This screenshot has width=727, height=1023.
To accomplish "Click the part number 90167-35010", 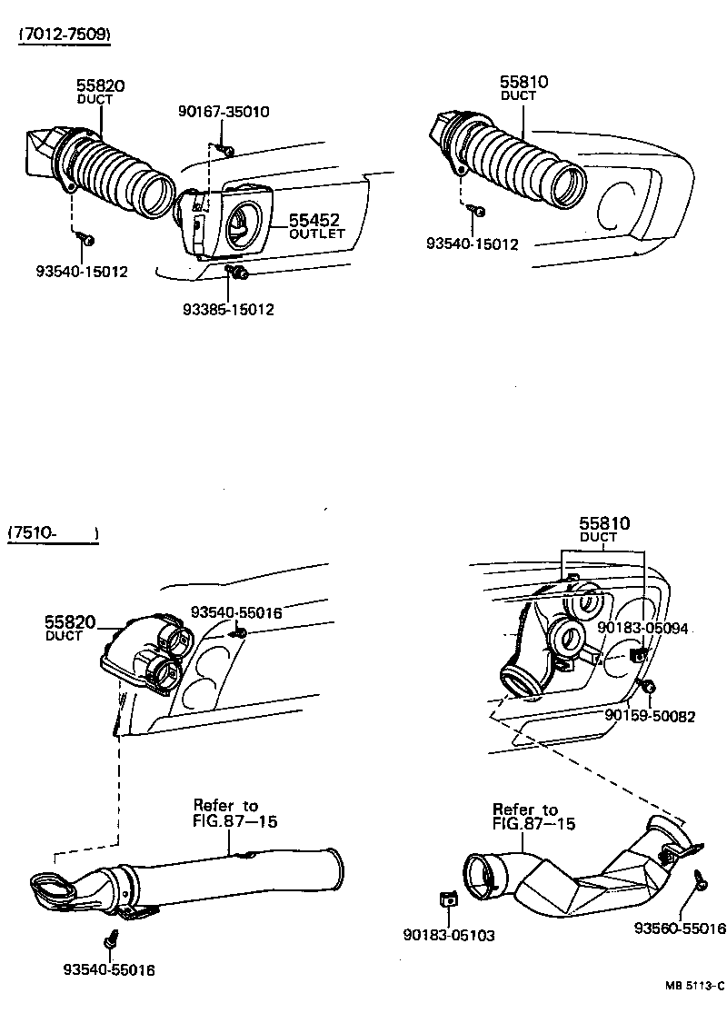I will pyautogui.click(x=223, y=112).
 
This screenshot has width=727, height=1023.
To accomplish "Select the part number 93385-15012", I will pyautogui.click(x=228, y=309).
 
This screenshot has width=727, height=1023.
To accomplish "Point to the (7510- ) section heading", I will pyautogui.click(x=53, y=533).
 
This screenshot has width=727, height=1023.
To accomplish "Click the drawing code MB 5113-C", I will pyautogui.click(x=692, y=986).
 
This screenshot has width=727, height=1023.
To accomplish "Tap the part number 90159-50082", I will pyautogui.click(x=650, y=716).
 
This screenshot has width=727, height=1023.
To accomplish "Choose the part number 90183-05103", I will pyautogui.click(x=449, y=935).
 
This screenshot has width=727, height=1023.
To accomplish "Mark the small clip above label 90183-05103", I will pyautogui.click(x=446, y=899).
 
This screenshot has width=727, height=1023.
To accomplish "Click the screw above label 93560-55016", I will pyautogui.click(x=702, y=879).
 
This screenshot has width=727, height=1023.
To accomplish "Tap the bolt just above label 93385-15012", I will pyautogui.click(x=237, y=272).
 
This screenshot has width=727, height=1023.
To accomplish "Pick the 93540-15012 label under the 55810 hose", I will pyautogui.click(x=472, y=243).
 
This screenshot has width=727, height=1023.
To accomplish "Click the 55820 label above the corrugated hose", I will pyautogui.click(x=100, y=86).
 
